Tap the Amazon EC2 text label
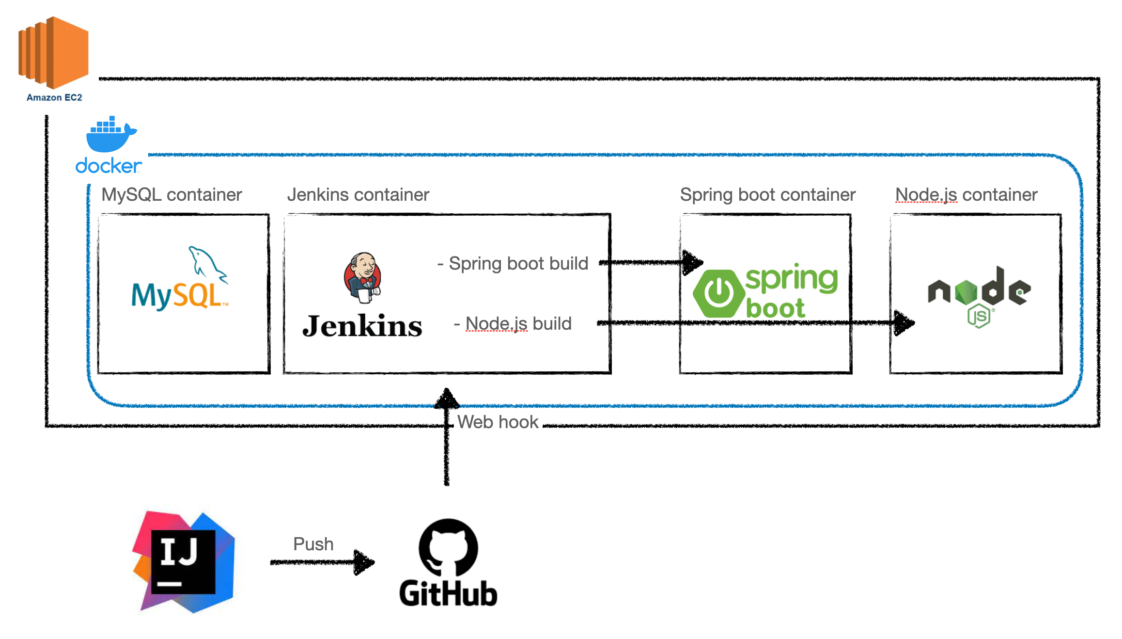pyautogui.click(x=54, y=97)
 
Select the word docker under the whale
pyautogui.click(x=109, y=166)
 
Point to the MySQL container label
pyautogui.click(x=171, y=195)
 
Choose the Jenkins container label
pyautogui.click(x=358, y=195)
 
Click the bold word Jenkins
pyautogui.click(x=362, y=326)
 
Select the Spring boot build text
pyautogui.click(x=514, y=264)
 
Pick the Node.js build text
pyautogui.click(x=514, y=323)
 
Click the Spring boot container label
pyautogui.click(x=767, y=195)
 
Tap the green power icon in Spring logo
pyautogui.click(x=718, y=294)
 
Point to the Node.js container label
pyautogui.click(x=966, y=195)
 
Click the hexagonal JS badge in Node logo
pyautogui.click(x=979, y=316)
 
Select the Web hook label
pyautogui.click(x=498, y=422)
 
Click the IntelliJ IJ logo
pyautogui.click(x=184, y=562)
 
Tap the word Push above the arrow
pyautogui.click(x=313, y=544)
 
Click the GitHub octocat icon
pyautogui.click(x=448, y=547)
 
